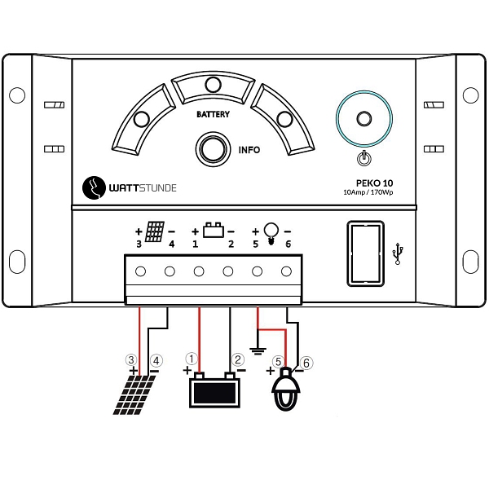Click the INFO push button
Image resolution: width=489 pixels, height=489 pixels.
[213, 149]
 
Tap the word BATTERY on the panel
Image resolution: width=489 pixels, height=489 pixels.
[213, 114]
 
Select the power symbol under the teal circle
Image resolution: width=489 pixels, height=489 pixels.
[363, 158]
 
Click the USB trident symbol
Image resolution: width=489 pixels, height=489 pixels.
[398, 253]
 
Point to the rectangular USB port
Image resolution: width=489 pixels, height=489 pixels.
[365, 253]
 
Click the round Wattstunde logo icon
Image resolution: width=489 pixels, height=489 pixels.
[94, 187]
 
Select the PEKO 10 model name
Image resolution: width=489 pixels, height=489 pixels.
[374, 183]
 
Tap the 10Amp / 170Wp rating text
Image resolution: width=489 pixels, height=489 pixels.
[368, 192]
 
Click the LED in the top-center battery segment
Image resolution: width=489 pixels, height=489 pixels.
[214, 84]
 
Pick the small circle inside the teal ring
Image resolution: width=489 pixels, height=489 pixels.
[364, 118]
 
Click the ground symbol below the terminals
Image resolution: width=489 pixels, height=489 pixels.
[258, 351]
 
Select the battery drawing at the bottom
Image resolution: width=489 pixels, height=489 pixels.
[214, 390]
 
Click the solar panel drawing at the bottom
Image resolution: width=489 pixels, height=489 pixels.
[134, 394]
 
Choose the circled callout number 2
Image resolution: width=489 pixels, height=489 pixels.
[238, 359]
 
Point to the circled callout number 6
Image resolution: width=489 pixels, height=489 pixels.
[306, 363]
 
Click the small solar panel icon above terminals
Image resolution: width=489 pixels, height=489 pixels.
[155, 231]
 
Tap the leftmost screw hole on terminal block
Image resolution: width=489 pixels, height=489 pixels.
[140, 271]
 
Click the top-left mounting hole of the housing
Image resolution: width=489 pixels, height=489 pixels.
[17, 95]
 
